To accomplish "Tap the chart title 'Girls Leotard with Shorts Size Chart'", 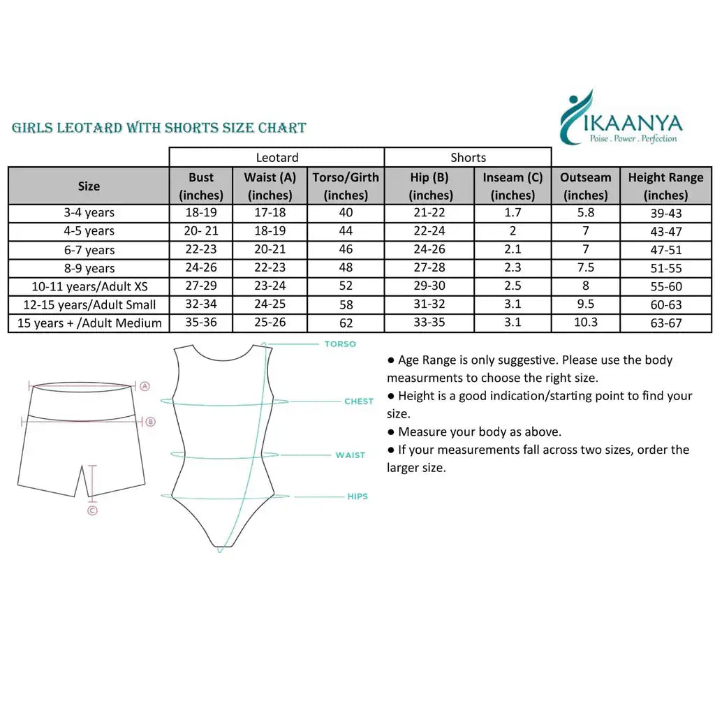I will pos(159,128).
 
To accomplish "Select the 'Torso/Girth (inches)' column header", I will pos(346,186).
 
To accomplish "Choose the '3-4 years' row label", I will pos(89,213).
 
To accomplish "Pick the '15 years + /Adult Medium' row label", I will pos(89,323).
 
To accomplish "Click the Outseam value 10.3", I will pos(586,323).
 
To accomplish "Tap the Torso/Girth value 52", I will pos(346,286).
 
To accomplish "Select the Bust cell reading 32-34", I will pos(201,304).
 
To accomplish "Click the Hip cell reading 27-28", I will pos(431,267).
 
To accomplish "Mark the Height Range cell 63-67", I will pos(665,323).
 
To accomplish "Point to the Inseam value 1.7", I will pos(513,212).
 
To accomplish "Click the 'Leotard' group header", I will pos(277,158).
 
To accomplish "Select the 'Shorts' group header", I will pos(468,158).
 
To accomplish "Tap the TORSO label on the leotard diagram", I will pos(340,344).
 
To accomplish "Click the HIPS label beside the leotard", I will pos(357,496).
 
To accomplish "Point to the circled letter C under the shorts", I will pos(92,511).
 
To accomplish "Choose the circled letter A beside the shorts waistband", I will pos(145,385).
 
